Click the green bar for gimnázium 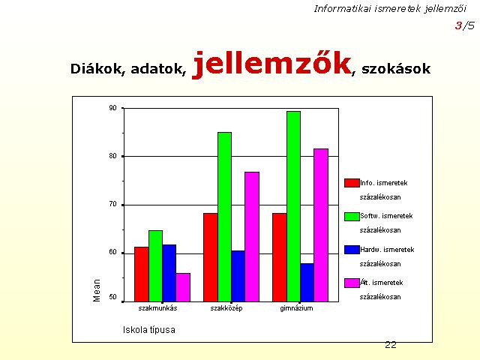293,207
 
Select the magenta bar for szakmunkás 183,287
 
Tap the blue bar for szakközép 238,277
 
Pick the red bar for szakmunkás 142,274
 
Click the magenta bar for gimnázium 321,225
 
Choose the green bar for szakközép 225,217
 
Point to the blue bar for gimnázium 307,283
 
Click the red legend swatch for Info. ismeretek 352,183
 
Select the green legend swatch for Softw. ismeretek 352,217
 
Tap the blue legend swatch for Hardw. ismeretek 352,250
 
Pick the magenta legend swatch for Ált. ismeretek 352,283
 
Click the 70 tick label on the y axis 113,204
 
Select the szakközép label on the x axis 226,308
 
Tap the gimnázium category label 297,308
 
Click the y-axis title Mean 97,290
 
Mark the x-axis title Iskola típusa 149,330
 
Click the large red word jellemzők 271,64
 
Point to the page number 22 391,345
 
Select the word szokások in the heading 396,68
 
